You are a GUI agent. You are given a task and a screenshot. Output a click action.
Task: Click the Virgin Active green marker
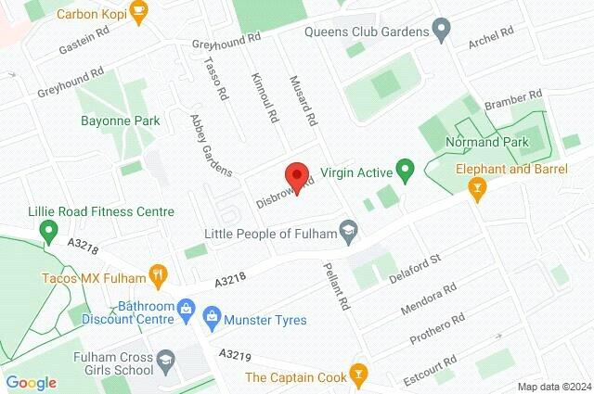pos(404,170)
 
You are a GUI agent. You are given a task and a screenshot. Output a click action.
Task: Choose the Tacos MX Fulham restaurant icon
pos(159,276)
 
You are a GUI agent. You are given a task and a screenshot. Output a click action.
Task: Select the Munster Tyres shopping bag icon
pos(211,319)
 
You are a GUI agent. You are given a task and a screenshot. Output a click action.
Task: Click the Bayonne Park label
pos(121,121)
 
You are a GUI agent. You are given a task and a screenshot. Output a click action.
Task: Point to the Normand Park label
pos(486,142)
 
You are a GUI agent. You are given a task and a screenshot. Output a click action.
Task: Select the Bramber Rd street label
pos(511,99)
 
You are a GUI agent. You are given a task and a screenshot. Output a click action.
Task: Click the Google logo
pos(31,383)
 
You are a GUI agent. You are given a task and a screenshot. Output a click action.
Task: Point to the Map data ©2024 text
pos(553,387)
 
